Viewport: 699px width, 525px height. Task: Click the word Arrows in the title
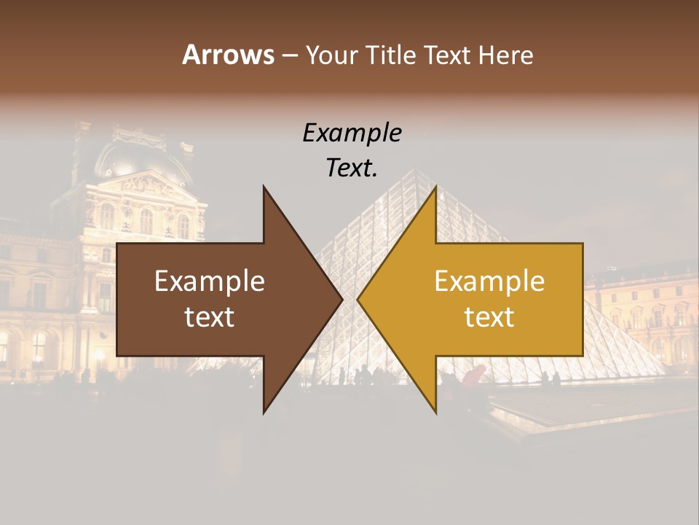229,55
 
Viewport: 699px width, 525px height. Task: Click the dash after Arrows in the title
289,55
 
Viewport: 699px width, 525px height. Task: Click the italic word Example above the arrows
352,133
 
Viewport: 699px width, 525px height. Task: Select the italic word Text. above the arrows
352,168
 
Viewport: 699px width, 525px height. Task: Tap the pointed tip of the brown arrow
341,299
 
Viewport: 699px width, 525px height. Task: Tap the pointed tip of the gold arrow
358,299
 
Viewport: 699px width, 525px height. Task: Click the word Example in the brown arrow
210,281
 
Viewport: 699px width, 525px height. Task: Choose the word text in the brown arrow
210,317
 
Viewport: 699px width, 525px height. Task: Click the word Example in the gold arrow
489,281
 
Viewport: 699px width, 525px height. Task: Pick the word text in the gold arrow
489,317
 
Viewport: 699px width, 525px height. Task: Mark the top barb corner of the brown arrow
264,187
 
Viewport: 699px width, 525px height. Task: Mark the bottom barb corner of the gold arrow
435,413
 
